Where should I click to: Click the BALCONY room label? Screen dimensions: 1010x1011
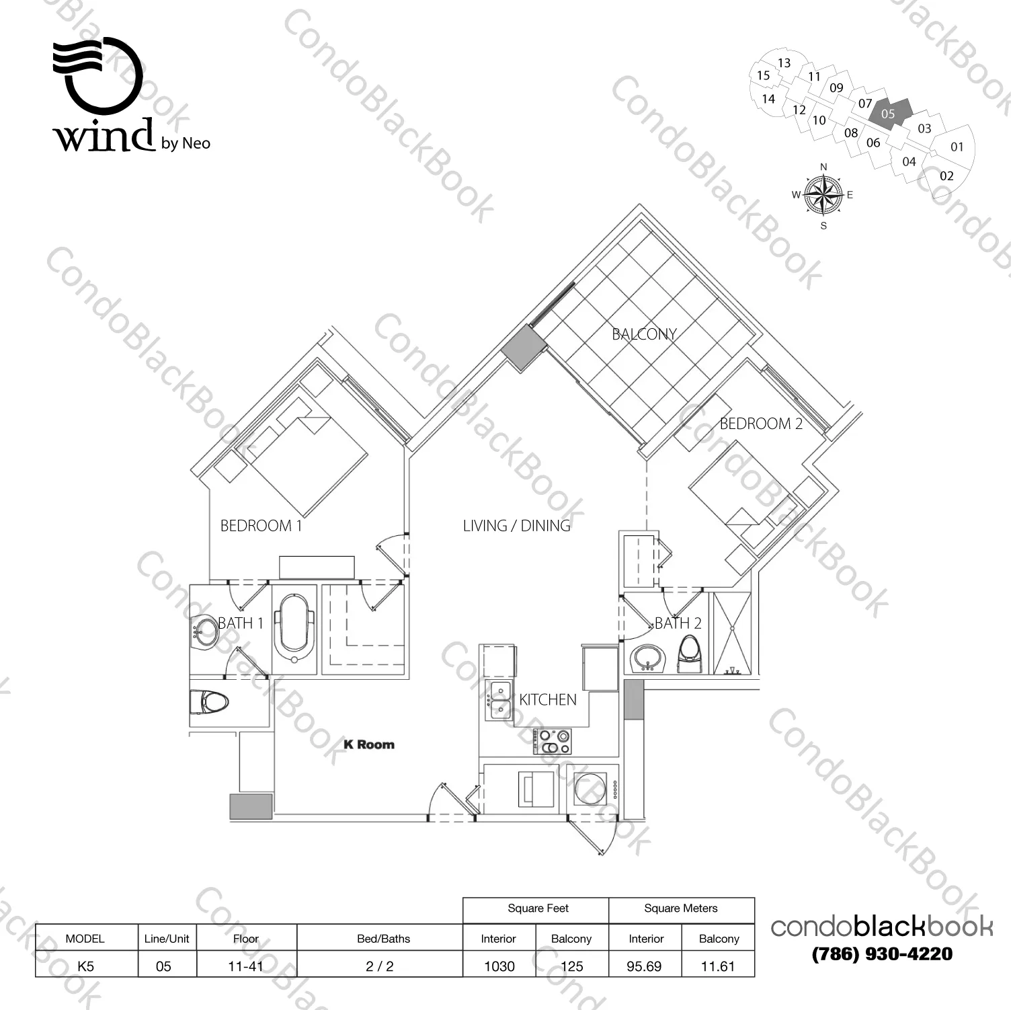(643, 334)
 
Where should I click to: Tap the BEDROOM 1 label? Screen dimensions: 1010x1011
(261, 526)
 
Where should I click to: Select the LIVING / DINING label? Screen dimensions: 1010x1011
(516, 526)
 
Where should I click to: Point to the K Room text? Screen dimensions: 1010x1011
(368, 744)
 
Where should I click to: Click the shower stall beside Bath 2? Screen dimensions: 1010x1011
(733, 633)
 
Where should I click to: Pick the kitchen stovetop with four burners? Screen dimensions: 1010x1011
(553, 742)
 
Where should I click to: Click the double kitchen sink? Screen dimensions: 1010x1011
(499, 699)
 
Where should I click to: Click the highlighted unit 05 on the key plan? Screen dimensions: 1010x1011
(889, 112)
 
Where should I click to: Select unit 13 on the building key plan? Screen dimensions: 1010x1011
(784, 63)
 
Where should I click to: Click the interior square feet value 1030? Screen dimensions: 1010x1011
(499, 966)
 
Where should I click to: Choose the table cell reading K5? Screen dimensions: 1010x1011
(86, 966)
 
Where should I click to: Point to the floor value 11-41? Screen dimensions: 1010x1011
(246, 966)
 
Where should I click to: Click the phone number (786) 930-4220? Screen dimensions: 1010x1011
(882, 954)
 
